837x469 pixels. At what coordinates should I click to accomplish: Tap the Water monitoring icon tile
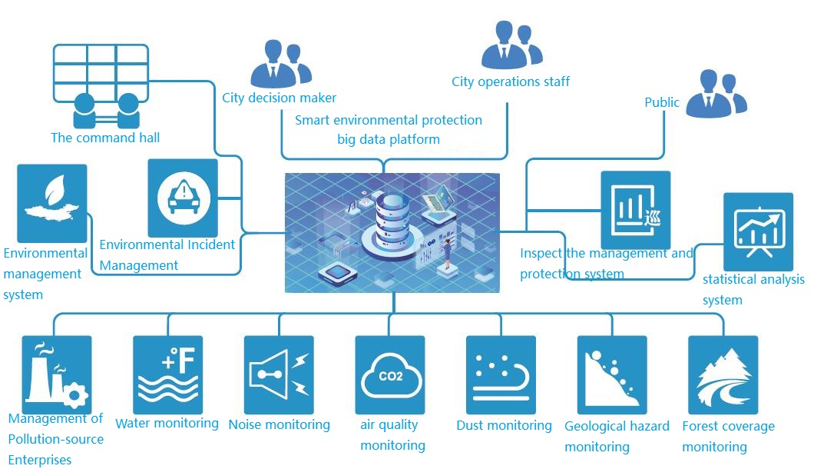click(167, 374)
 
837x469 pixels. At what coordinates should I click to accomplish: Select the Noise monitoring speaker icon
click(279, 374)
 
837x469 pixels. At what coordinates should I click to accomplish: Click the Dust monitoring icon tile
click(501, 374)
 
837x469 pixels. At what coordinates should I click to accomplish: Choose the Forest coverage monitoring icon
click(723, 374)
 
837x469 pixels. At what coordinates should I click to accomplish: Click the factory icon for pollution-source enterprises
click(57, 374)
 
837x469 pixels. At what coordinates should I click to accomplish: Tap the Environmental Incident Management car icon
click(183, 198)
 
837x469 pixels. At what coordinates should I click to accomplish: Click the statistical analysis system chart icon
click(758, 232)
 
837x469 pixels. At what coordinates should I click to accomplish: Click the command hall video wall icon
click(101, 85)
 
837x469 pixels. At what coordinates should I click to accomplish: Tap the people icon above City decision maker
click(281, 64)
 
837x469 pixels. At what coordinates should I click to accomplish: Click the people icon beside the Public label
click(716, 94)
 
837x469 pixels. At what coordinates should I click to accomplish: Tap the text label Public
click(662, 102)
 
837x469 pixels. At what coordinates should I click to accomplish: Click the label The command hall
click(105, 138)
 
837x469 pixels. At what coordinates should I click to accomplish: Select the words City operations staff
click(511, 81)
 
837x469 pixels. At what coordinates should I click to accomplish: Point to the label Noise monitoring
click(280, 424)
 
